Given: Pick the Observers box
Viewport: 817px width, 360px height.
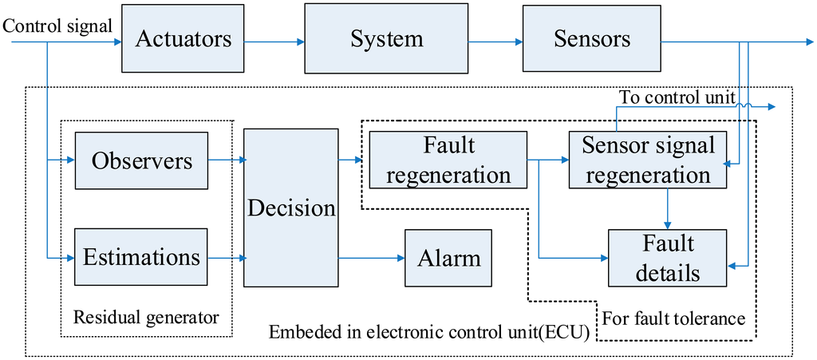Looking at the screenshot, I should point(141,160).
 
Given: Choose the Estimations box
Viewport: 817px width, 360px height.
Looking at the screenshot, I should point(141,257).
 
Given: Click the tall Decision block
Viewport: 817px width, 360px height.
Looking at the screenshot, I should point(290,208).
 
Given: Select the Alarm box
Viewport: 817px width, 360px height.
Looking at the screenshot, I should point(449,258).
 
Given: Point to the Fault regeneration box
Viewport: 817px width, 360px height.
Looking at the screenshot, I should point(448,160).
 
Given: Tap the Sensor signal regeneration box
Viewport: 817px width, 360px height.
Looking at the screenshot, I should point(647,160).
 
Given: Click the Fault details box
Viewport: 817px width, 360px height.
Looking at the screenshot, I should point(668,258).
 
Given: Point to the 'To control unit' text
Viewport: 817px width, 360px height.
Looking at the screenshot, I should point(677,97).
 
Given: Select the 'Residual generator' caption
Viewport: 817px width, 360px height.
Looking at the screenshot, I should point(145,317).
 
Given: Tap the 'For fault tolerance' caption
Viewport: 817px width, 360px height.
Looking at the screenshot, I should point(673,318).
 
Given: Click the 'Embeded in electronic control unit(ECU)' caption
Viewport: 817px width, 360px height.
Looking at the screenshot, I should point(429,333).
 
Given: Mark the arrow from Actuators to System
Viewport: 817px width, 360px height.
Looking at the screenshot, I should point(276,41).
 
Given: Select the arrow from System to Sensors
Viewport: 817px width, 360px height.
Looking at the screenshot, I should point(495,41).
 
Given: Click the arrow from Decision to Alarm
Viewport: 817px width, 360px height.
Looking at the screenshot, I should point(371,258).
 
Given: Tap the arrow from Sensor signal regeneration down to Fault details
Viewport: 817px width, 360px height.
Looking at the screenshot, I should point(668,208).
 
